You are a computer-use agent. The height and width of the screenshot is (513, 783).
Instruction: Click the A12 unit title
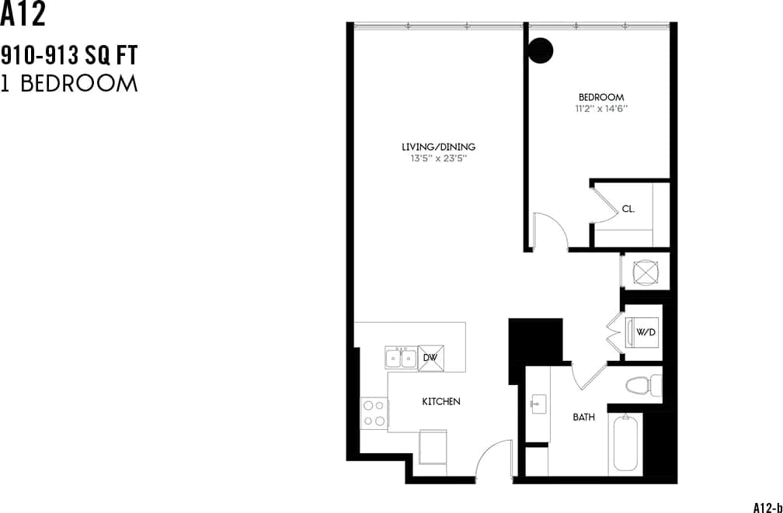point(23,15)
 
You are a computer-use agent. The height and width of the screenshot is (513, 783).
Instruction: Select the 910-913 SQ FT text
point(68,56)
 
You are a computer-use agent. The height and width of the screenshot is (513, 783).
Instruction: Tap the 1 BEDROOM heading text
point(68,84)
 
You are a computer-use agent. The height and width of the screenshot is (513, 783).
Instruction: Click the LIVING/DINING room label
point(438,147)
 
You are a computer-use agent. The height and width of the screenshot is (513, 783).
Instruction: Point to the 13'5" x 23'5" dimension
point(438,158)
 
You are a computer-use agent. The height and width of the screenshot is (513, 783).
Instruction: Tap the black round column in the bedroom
point(541,50)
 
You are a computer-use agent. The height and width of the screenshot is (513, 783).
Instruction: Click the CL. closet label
point(628,209)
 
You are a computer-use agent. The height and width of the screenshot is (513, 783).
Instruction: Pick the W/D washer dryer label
point(646,332)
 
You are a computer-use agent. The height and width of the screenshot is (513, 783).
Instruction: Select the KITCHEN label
point(441,401)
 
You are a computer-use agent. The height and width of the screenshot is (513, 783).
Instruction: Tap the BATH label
point(583,418)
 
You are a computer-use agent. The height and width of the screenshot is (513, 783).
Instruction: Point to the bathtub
point(626,442)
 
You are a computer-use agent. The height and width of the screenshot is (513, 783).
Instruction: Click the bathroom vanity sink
point(538,404)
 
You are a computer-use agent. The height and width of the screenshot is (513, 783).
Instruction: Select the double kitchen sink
point(401,358)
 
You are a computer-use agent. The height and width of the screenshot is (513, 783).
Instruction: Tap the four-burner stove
point(374,412)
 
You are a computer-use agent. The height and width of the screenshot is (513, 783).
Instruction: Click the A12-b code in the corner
point(767,507)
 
